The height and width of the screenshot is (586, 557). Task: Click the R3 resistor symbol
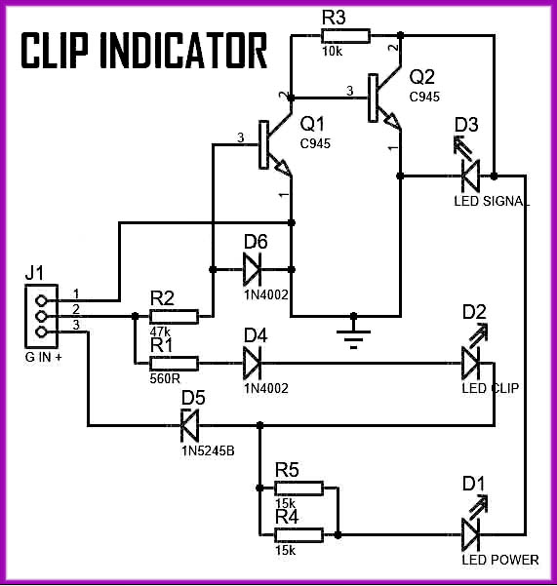point(345,36)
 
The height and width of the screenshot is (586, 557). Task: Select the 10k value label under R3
point(332,52)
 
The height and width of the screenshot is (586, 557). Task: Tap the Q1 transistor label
point(312,124)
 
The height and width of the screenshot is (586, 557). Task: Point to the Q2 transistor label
point(422,77)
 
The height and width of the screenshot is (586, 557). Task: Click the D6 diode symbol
point(252,269)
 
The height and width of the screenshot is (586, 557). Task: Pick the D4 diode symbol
point(252,363)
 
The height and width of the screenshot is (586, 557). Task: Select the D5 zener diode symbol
point(189,425)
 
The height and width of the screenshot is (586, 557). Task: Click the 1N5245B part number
point(208,450)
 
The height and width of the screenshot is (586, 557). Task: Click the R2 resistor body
point(174,317)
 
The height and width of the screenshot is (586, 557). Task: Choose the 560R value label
point(165,378)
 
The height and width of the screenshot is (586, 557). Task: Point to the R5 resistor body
point(298,488)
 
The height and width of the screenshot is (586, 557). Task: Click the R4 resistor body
point(298,535)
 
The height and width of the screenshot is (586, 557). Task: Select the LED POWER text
point(500,560)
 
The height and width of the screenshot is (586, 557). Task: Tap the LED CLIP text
point(490,388)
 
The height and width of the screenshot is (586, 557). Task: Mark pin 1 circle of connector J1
point(41,300)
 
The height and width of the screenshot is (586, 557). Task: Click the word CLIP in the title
point(55,51)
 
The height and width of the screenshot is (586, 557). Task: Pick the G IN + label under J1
point(43,357)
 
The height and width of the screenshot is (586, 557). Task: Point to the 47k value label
point(160,332)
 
